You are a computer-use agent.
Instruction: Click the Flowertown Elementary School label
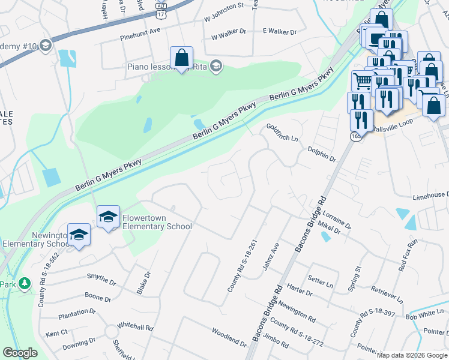click(x=157, y=222)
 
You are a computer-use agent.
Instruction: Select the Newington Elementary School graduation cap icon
click(x=79, y=235)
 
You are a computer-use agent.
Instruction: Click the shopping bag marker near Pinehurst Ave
click(x=181, y=58)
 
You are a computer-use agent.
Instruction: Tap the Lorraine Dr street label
click(x=336, y=219)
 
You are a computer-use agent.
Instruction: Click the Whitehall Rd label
click(x=135, y=328)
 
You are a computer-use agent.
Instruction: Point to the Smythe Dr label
click(x=101, y=279)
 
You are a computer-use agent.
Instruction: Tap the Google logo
click(x=20, y=353)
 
